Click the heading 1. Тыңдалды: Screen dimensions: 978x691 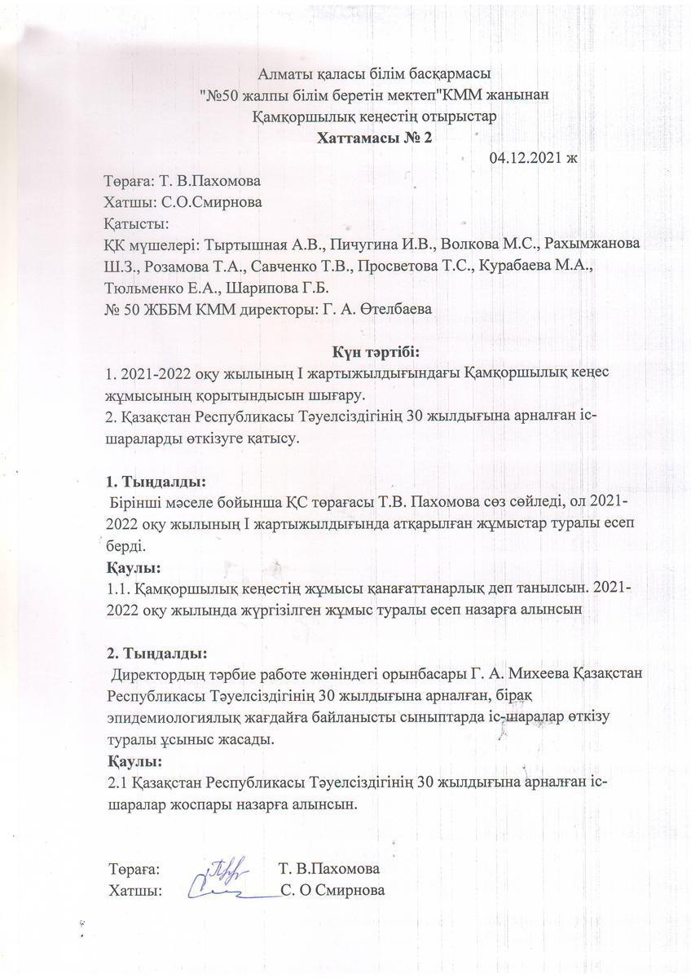point(156,480)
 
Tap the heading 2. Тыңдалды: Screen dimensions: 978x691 point(156,653)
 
